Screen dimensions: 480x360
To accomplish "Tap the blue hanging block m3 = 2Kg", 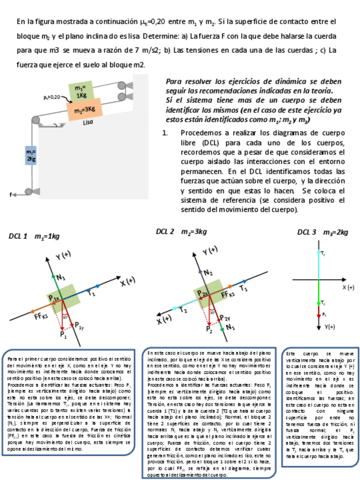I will [x=31, y=155].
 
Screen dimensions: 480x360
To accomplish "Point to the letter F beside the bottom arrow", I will [x=11, y=194].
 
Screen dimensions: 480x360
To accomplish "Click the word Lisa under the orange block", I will [x=87, y=122].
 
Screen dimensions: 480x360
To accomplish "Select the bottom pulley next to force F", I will [x=29, y=192].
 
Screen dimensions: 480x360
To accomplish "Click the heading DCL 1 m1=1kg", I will [x=34, y=236].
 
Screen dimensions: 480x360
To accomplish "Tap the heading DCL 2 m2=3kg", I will [x=181, y=232].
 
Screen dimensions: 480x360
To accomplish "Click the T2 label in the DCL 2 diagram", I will [x=183, y=309].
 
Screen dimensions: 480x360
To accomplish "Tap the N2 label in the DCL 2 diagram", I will [x=209, y=272].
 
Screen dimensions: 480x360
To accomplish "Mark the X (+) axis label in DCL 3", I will [x=348, y=288].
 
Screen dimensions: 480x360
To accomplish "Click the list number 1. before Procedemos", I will [x=165, y=134].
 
